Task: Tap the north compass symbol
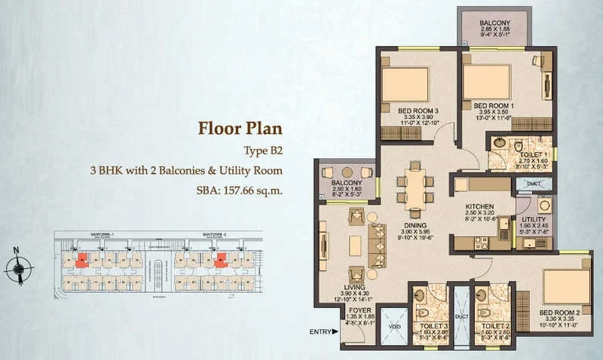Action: pyautogui.click(x=18, y=267)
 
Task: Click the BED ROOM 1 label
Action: pyautogui.click(x=494, y=105)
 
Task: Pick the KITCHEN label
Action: pyautogui.click(x=479, y=206)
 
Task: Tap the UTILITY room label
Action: pyautogui.click(x=534, y=219)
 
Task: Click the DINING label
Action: pyautogui.click(x=415, y=224)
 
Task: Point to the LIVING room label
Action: pyautogui.click(x=354, y=288)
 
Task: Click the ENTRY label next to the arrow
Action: pyautogui.click(x=320, y=331)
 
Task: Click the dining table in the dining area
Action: pyautogui.click(x=415, y=188)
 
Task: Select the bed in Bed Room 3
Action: pyautogui.click(x=405, y=84)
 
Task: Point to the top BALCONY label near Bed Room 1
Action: pyautogui.click(x=494, y=23)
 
